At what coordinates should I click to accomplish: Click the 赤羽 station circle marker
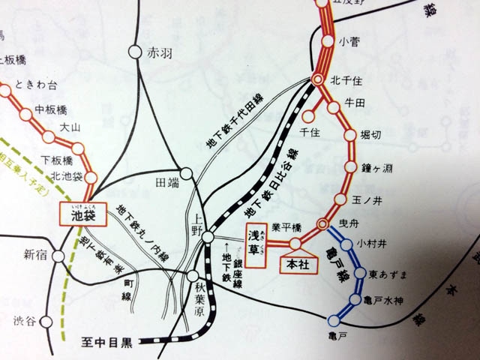(134, 52)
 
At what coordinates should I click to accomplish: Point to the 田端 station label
(166, 181)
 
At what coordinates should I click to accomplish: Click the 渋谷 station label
(24, 321)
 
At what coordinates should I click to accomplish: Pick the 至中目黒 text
(106, 344)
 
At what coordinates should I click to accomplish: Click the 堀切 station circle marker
(349, 136)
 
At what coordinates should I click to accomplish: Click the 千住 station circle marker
(307, 115)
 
